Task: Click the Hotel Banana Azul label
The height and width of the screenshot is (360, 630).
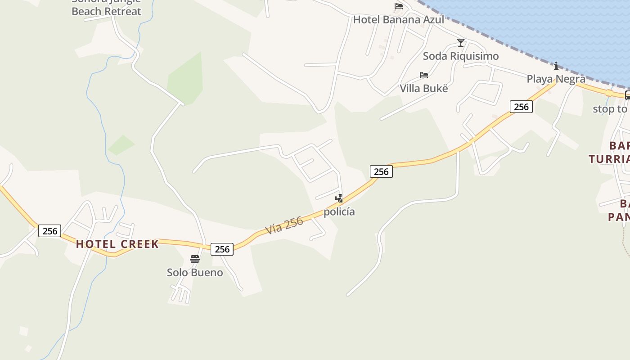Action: pyautogui.click(x=398, y=20)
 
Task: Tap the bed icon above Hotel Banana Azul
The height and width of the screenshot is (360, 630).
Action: pyautogui.click(x=398, y=6)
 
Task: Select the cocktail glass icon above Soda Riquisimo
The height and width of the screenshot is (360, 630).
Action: pyautogui.click(x=460, y=43)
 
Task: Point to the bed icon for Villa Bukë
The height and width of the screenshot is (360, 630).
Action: pyautogui.click(x=423, y=75)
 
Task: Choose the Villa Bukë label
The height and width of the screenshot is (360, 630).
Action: pyautogui.click(x=424, y=88)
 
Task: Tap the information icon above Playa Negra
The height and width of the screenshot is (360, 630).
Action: pyautogui.click(x=556, y=66)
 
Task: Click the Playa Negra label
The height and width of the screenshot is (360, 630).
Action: pyautogui.click(x=556, y=79)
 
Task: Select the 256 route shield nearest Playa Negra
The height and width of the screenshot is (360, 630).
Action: pyautogui.click(x=521, y=107)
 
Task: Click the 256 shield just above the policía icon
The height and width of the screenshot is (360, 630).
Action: pyautogui.click(x=381, y=171)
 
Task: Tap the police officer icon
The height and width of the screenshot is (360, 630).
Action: pyautogui.click(x=339, y=198)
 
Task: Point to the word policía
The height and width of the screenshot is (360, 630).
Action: pyautogui.click(x=339, y=211)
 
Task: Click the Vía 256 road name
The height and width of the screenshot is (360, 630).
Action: pyautogui.click(x=284, y=225)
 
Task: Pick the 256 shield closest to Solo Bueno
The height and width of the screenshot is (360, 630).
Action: pyautogui.click(x=222, y=249)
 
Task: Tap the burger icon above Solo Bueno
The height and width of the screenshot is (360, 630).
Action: pyautogui.click(x=195, y=259)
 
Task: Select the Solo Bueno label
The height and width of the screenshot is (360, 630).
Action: pyautogui.click(x=195, y=272)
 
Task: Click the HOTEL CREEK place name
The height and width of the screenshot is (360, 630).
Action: pyautogui.click(x=117, y=244)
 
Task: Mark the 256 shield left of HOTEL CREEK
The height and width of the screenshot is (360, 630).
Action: pyautogui.click(x=49, y=231)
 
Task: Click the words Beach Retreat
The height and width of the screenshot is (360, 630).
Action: pyautogui.click(x=106, y=12)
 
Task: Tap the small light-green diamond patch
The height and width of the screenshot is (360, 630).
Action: pyautogui.click(x=121, y=145)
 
